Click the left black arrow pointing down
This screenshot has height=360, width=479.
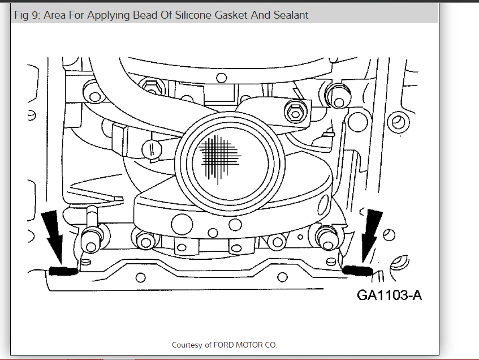coord(56,237)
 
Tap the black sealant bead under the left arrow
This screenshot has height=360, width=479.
coord(63,271)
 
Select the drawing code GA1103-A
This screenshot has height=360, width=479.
coord(390,295)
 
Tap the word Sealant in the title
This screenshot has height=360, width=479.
coord(290,15)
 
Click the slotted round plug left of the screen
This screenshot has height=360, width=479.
coord(153,149)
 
